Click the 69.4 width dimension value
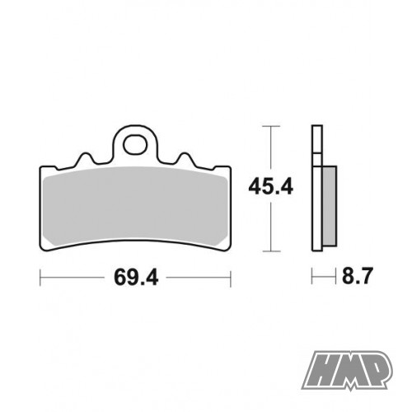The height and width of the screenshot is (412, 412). pos(136,278)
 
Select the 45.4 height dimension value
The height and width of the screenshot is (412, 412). pos(271,187)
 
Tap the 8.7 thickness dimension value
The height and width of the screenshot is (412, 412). pos(358,276)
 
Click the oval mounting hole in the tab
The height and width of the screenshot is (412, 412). pos(135,145)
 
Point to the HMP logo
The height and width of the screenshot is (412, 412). pos(347,370)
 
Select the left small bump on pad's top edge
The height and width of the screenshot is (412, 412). pos(86,158)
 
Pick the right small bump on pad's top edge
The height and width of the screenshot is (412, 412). pos(185,158)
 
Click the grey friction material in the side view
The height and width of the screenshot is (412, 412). pos(329,205)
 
